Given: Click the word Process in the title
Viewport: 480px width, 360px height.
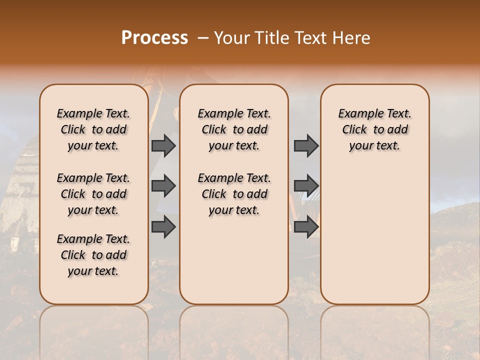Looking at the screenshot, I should [154, 38].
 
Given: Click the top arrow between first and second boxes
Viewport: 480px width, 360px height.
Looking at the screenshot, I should [163, 145].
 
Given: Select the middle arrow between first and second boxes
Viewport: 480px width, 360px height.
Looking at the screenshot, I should [163, 186].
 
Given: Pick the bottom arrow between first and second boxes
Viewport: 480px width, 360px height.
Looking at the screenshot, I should [163, 227].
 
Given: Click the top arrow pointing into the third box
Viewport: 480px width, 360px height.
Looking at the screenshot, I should [306, 145].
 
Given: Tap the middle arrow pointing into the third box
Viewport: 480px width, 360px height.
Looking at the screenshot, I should [306, 186].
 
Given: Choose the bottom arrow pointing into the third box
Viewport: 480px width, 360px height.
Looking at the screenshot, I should [306, 227].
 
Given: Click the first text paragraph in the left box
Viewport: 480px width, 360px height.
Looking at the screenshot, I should [93, 129].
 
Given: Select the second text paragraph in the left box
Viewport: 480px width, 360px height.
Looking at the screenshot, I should [93, 194].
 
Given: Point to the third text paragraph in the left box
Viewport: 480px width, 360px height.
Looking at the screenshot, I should [93, 255].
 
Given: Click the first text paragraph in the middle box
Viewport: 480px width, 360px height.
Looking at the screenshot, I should [234, 129].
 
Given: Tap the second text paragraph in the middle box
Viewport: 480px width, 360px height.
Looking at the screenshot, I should [234, 194].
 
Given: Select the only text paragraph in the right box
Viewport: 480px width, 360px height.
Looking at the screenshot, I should [374, 129].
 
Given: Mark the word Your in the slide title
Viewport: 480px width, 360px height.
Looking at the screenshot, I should [227, 38].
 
